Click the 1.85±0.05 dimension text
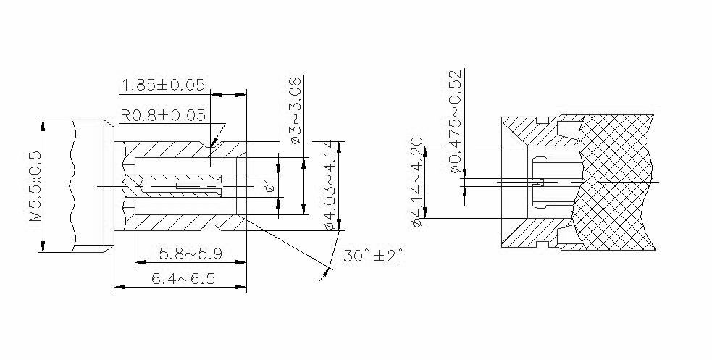tap(164, 85)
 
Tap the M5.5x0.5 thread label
tap(33, 187)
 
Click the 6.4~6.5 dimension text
tap(180, 279)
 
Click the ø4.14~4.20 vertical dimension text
tap(417, 181)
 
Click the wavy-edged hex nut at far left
tap(76, 186)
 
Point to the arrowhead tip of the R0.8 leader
tap(211, 146)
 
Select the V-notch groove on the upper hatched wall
tap(210, 148)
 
